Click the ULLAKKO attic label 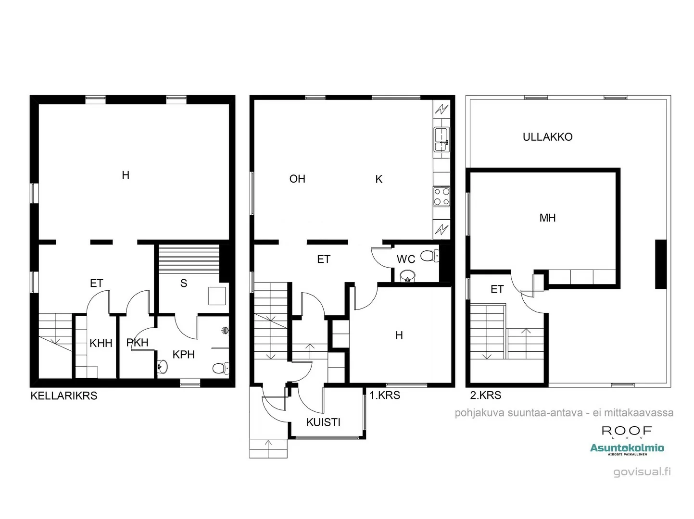tap(547, 137)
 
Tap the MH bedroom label tap(547, 218)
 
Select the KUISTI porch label tap(323, 422)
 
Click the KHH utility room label tap(101, 343)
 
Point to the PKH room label tap(137, 343)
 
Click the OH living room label tap(297, 179)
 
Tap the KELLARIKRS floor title tap(64, 396)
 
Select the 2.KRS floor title tap(485, 395)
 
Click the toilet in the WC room tap(429, 256)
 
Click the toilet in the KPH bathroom tap(220, 368)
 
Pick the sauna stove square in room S tap(216, 296)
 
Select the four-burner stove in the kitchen tap(442, 197)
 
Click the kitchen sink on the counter tap(441, 139)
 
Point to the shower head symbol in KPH tap(225, 331)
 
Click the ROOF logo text tap(627, 431)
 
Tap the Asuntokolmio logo tap(627, 448)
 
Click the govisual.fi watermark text tap(642, 471)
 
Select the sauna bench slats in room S tap(189, 259)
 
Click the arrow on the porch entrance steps tap(268, 445)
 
